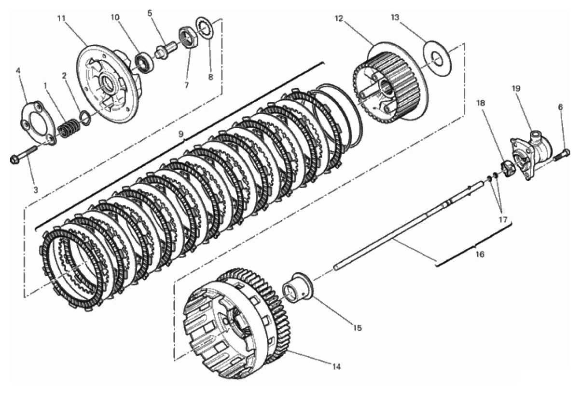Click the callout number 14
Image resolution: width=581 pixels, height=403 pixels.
tap(336, 366)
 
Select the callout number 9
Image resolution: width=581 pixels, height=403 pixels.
tap(181, 134)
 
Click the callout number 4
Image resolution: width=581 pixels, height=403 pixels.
tap(18, 70)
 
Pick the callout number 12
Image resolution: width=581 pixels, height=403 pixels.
tap(338, 19)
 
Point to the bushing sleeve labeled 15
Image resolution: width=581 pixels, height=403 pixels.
tap(299, 289)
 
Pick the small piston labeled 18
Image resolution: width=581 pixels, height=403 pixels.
tap(509, 169)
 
